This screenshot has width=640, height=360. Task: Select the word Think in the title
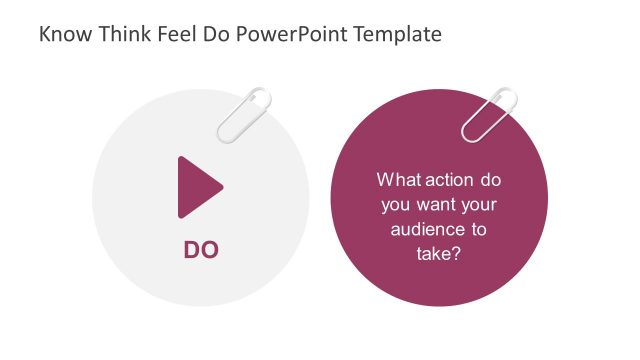[118, 34]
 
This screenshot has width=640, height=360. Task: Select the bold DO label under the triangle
[200, 250]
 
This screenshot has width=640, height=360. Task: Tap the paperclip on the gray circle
[245, 113]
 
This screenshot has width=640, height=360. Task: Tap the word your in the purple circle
[479, 205]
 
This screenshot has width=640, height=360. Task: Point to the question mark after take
[456, 254]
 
